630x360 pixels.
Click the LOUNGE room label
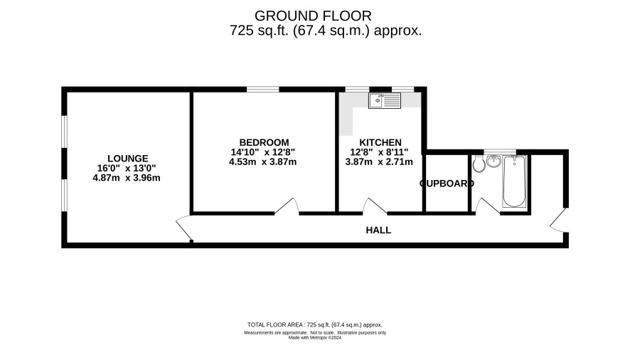pos(128,159)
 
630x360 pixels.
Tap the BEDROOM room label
pos(264,142)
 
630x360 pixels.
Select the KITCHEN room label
pos(380,142)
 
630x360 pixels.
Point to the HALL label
pos(378,230)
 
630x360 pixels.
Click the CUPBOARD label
pos(447,184)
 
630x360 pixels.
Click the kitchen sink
pos(385,100)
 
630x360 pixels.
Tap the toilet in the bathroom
pos(479,164)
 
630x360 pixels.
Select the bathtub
pos(514,181)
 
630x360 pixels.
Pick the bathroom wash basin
pos(493,161)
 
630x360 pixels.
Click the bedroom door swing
pos(287,205)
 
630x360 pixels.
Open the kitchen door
pos(375,206)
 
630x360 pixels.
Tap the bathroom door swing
pos(487,206)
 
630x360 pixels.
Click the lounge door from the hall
pos(184,228)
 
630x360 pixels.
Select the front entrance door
pos(558,220)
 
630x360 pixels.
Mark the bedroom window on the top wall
pos(263,90)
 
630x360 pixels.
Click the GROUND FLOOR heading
pos(313,16)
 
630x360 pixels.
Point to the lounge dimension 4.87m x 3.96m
pos(127,178)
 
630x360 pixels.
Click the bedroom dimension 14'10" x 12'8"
pos(263,152)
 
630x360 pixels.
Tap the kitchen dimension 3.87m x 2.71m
pos(379,162)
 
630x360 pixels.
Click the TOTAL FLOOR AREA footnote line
pos(314,324)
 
